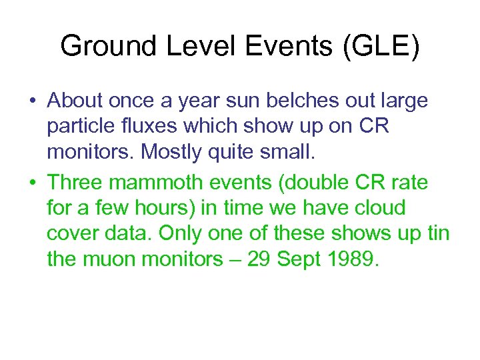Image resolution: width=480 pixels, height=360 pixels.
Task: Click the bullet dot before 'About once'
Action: click(32, 102)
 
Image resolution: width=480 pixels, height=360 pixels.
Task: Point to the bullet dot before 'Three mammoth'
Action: click(32, 182)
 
